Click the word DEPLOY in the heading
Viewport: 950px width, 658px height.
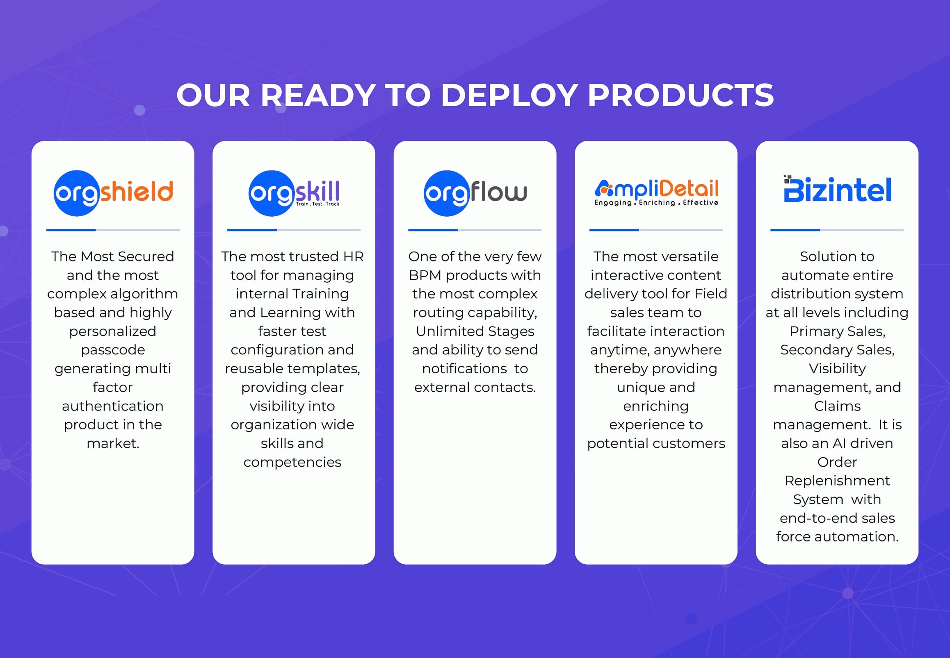(509, 95)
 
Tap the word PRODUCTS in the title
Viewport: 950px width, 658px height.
(681, 95)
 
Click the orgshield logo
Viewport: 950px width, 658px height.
(113, 193)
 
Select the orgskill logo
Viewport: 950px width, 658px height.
(294, 193)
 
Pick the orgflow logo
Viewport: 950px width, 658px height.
(475, 193)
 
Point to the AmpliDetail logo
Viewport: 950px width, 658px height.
(656, 193)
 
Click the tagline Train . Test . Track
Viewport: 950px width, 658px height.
(317, 204)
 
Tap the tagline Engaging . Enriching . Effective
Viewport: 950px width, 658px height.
(656, 202)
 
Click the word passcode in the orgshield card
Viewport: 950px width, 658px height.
(113, 350)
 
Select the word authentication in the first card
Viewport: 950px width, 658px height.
(113, 406)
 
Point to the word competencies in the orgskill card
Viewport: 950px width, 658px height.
(292, 463)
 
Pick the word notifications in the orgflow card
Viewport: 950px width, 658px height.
(464, 369)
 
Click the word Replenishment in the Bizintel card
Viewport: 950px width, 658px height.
(837, 481)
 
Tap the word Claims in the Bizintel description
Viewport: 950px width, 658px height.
(837, 406)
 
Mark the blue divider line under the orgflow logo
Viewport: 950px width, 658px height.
(433, 230)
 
